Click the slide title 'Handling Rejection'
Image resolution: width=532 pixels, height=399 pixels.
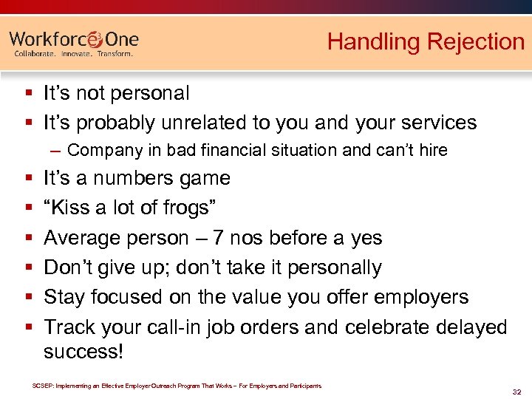pos(426,41)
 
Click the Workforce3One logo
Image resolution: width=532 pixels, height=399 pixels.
pos(74,39)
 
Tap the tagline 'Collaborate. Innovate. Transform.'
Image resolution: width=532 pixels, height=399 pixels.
pos(74,54)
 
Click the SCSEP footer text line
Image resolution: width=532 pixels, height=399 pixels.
pos(177,386)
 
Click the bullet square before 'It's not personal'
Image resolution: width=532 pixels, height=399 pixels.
pos(27,94)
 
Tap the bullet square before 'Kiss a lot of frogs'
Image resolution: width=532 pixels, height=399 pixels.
pos(27,209)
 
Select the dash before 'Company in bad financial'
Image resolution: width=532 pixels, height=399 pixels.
pos(57,150)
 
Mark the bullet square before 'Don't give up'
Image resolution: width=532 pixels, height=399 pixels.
pos(27,268)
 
